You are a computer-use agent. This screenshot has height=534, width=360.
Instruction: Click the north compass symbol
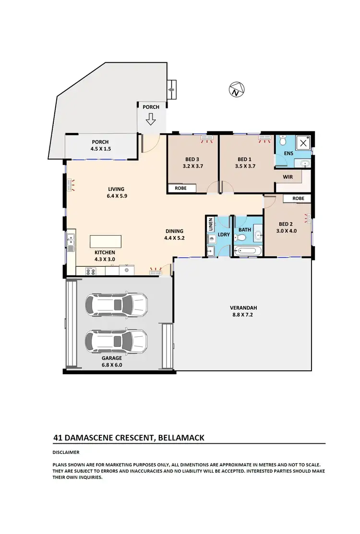point(235,90)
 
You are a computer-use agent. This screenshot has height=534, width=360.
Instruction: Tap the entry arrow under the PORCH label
point(151,119)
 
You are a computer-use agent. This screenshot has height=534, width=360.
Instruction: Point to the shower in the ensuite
point(302,143)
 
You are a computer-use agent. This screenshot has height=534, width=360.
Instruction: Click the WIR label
point(288,177)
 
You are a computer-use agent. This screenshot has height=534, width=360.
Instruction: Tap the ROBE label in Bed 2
point(298,198)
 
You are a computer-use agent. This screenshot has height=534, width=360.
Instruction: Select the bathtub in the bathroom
point(247,251)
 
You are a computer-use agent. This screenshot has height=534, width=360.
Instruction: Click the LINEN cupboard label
point(210,225)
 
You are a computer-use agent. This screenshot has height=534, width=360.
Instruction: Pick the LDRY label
point(224,235)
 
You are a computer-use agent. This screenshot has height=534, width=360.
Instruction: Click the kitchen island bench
point(106,241)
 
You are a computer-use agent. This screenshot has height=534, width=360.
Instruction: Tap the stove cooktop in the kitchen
point(91,271)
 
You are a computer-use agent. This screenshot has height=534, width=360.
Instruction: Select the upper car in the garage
point(116,303)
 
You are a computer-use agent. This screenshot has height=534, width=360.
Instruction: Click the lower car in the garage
point(116,341)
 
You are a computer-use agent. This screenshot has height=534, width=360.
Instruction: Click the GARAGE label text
point(111,357)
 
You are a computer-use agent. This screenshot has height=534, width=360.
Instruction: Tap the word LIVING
point(116,189)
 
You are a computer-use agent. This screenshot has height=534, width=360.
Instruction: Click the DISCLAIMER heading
point(66,452)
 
